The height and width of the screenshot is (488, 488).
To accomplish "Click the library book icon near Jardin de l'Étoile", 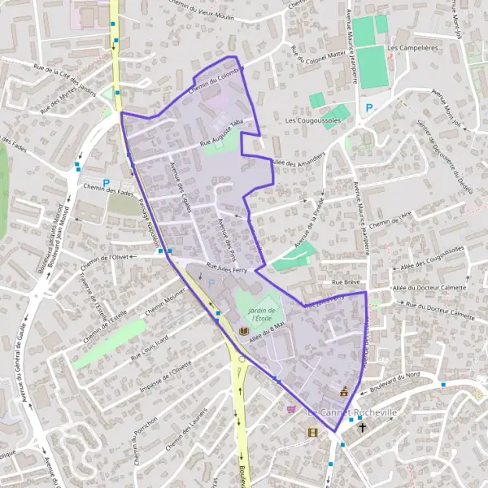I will coord(244,332).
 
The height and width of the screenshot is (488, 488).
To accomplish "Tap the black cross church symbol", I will coord(362,426).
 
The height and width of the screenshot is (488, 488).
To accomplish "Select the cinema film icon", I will coord(312,431).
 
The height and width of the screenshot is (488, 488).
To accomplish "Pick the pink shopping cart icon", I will coord(292,409).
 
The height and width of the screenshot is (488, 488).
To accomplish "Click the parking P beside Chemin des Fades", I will coord(106,183).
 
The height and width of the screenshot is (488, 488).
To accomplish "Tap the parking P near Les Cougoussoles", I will coord(370,107).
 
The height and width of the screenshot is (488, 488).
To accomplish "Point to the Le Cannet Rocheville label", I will coord(351,412).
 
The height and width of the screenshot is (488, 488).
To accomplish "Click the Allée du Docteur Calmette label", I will coord(431,286).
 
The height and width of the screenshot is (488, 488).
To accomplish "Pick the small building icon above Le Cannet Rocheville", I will coord(344,391).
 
